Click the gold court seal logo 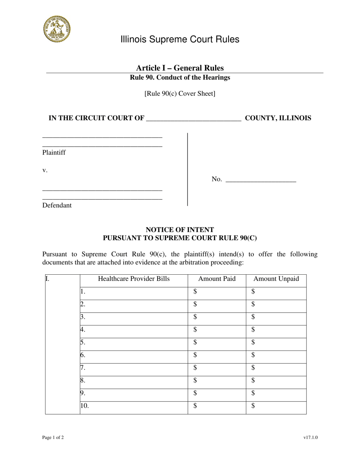pyautogui.click(x=56, y=29)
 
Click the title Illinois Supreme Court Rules pyautogui.click(x=180, y=39)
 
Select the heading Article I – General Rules pyautogui.click(x=180, y=68)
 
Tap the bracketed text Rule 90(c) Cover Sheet pyautogui.click(x=180, y=93)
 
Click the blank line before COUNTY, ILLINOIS pyautogui.click(x=193, y=119)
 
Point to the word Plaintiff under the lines pyautogui.click(x=54, y=153)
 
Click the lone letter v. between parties pyautogui.click(x=45, y=170)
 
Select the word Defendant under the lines pyautogui.click(x=57, y=206)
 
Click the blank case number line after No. pyautogui.click(x=261, y=180)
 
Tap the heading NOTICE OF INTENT pyautogui.click(x=180, y=230)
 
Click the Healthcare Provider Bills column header pyautogui.click(x=134, y=279)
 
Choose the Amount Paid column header pyautogui.click(x=217, y=279)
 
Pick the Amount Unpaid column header pyautogui.click(x=276, y=279)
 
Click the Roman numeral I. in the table pyautogui.click(x=47, y=279)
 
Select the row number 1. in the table pyautogui.click(x=83, y=292)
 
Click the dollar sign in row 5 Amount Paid pyautogui.click(x=195, y=343)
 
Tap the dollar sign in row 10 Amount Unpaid pyautogui.click(x=253, y=407)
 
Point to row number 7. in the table pyautogui.click(x=83, y=368)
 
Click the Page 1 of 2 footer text pyautogui.click(x=53, y=438)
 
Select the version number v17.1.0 pyautogui.click(x=310, y=438)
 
